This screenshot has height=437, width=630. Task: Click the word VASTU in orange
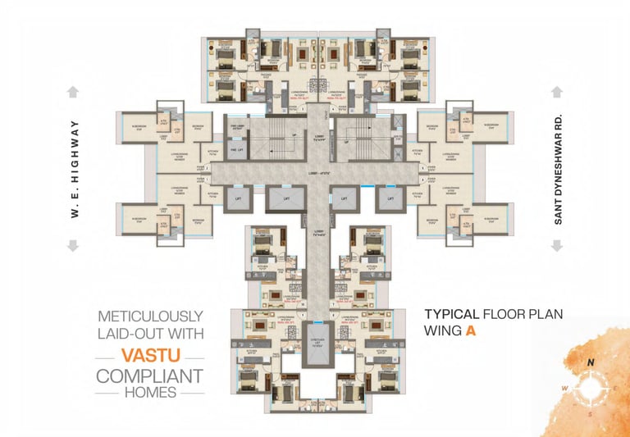[150, 356]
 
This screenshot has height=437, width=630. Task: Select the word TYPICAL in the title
[452, 314]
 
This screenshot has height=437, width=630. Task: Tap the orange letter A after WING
[471, 332]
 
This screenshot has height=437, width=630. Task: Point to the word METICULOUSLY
[149, 316]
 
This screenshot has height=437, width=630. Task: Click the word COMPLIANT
[149, 376]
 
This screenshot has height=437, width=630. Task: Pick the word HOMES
[149, 394]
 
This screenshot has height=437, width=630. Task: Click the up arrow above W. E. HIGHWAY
[73, 91]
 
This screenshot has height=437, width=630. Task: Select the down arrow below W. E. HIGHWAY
[73, 245]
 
